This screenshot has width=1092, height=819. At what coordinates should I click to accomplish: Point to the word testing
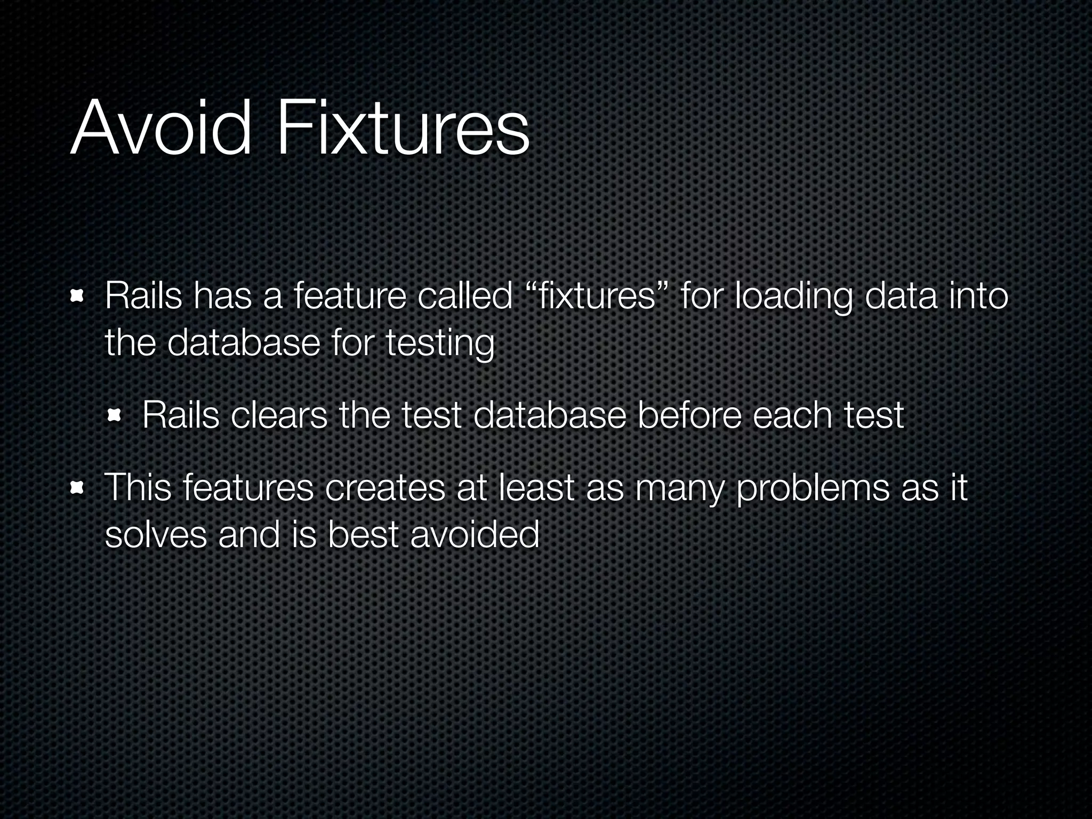[440, 343]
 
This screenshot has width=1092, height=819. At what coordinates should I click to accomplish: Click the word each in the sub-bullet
[791, 415]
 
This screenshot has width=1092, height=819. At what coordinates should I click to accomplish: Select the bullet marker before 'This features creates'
[78, 488]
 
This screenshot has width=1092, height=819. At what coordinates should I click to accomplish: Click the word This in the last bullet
[138, 488]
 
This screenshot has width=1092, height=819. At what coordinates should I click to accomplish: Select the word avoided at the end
[475, 535]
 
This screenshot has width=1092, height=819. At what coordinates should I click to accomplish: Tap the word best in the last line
[363, 535]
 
